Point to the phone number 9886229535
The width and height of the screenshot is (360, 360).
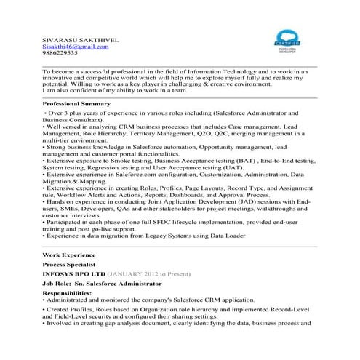coord(60,53)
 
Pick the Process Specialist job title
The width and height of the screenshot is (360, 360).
coord(71,265)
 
